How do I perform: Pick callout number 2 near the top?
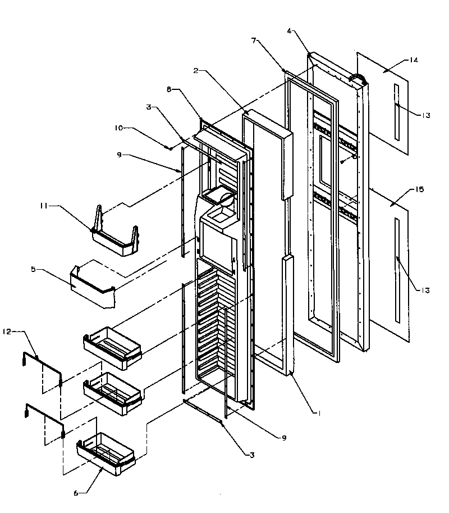196,71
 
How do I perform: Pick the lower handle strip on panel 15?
397,270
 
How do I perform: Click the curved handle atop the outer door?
358,77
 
